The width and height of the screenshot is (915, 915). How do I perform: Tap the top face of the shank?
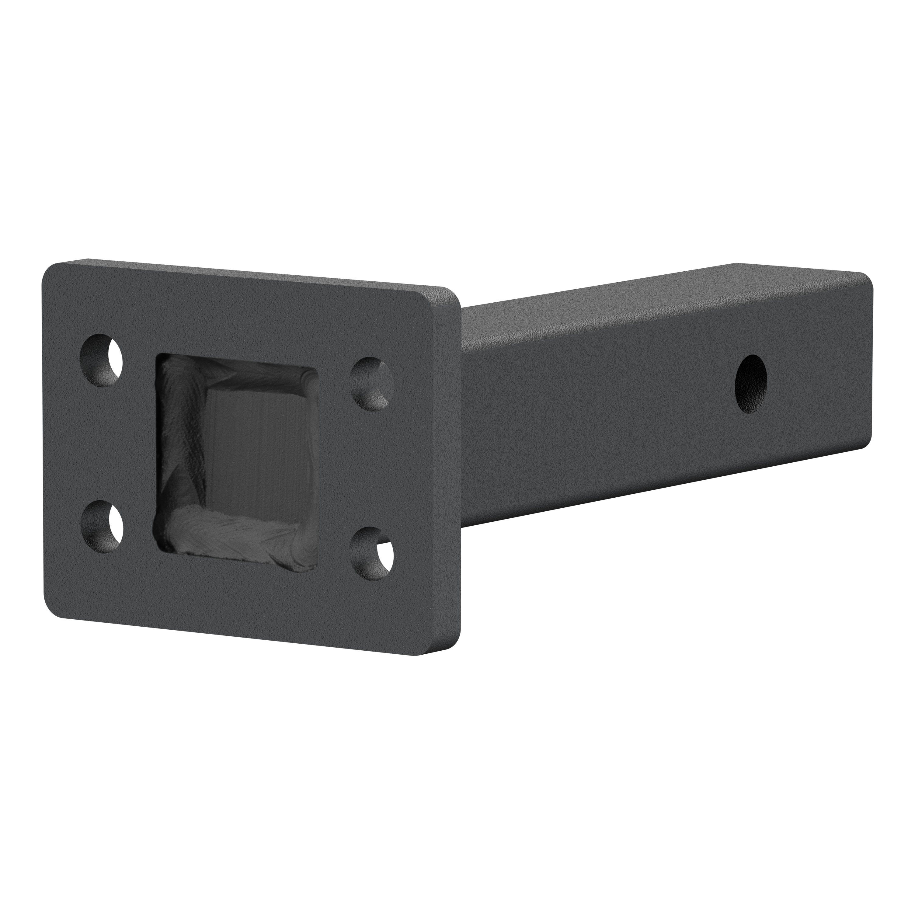click(663, 294)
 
